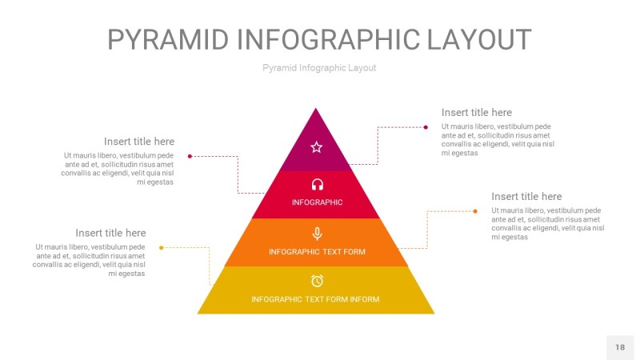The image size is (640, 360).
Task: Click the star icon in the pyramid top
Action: pyautogui.click(x=316, y=147)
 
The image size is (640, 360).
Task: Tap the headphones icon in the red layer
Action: pyautogui.click(x=317, y=185)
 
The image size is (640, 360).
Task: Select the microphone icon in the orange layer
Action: pyautogui.click(x=317, y=234)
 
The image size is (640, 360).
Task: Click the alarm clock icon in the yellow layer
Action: pyautogui.click(x=317, y=281)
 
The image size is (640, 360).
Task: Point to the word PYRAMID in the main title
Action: pyautogui.click(x=168, y=40)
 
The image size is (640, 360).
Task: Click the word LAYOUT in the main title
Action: pyautogui.click(x=478, y=40)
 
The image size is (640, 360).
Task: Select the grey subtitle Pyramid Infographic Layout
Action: pyautogui.click(x=319, y=68)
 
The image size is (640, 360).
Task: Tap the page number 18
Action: pyautogui.click(x=620, y=347)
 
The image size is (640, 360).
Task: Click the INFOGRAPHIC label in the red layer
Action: pyautogui.click(x=317, y=202)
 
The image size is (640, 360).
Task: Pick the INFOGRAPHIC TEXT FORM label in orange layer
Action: pyautogui.click(x=317, y=252)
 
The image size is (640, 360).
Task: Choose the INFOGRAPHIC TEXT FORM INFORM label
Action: pyautogui.click(x=315, y=299)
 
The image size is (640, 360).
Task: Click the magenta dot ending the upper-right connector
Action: pyautogui.click(x=426, y=127)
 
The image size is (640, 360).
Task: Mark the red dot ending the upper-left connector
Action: pyautogui.click(x=190, y=156)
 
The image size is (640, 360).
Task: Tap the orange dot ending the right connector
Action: pyautogui.click(x=475, y=211)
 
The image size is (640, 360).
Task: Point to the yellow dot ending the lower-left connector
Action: pyautogui.click(x=162, y=248)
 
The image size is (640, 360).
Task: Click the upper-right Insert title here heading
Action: pyautogui.click(x=477, y=113)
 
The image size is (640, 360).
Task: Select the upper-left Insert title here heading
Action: pyautogui.click(x=139, y=142)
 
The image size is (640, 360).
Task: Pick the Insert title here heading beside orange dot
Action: pyautogui.click(x=526, y=197)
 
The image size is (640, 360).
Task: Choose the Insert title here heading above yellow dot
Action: pyautogui.click(x=110, y=233)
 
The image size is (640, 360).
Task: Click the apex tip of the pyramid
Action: pyautogui.click(x=315, y=108)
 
